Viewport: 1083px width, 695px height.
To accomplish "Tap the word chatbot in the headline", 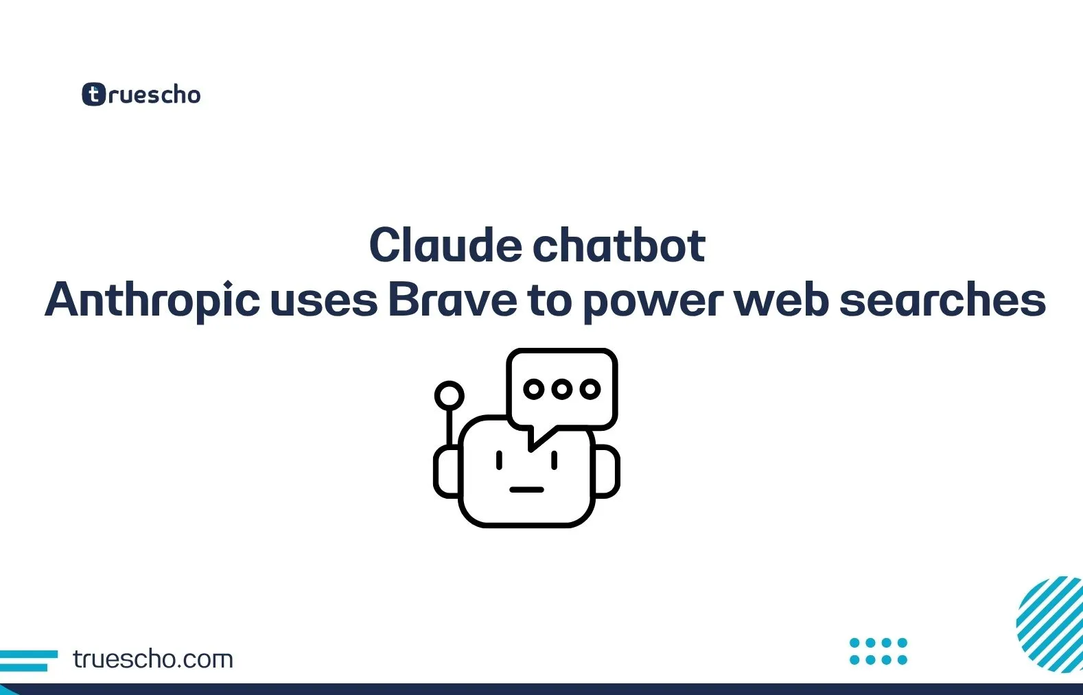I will coord(619,246).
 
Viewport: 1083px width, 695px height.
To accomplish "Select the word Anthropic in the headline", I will coord(152,301).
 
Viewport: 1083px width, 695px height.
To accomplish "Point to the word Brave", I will coord(452,301).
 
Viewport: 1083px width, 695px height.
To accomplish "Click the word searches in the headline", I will coord(942,301).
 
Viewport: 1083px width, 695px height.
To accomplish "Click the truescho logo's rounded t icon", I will coord(94,95).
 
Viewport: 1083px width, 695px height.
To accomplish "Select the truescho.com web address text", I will coord(153,659).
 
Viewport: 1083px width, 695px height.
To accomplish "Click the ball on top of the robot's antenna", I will coord(450,396).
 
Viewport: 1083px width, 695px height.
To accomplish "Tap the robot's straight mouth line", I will coord(526,490).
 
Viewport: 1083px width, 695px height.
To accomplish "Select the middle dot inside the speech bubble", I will coord(561,389).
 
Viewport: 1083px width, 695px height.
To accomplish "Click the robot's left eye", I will coord(499,460).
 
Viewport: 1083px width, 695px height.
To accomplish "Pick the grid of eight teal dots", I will coord(878,651).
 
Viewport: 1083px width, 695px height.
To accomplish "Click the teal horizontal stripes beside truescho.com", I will coord(27,660).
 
